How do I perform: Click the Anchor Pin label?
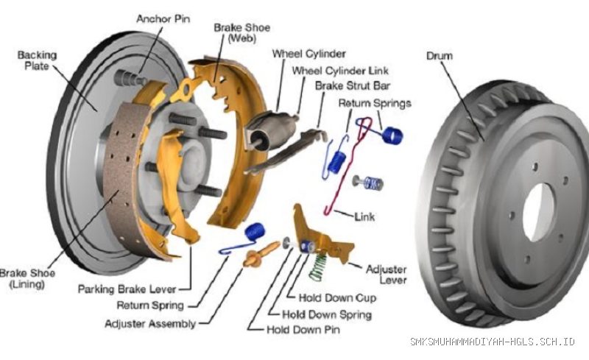point(163,19)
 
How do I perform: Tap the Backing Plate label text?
point(37,60)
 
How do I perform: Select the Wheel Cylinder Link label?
point(340,71)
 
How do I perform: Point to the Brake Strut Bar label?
point(353,85)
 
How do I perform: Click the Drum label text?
point(439,56)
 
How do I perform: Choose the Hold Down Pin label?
point(303,330)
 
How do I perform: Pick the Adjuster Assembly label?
point(150,323)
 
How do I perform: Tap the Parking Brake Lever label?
point(127,289)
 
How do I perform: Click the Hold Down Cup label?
point(337,298)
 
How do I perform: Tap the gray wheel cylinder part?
point(270,130)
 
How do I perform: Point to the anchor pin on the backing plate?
point(130,78)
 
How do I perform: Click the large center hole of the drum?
point(538,212)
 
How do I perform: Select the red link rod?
point(348,166)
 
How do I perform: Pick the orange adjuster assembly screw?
point(261,254)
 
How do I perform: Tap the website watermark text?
point(492,341)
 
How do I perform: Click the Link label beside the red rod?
point(364,216)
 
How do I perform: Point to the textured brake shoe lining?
point(122,180)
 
